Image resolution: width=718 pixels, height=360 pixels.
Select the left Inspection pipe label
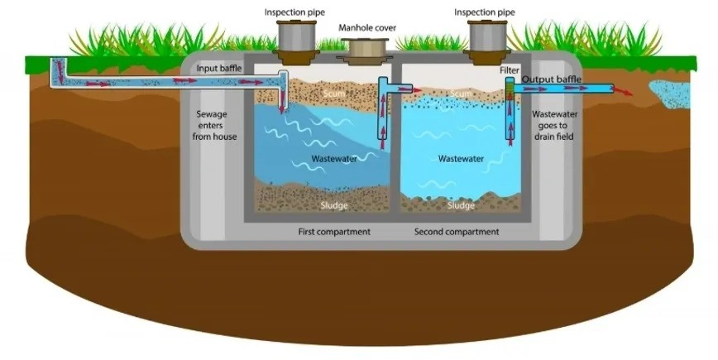point(294,12)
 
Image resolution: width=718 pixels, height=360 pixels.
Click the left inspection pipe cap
point(294,36)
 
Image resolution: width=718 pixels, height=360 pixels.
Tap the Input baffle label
point(219,68)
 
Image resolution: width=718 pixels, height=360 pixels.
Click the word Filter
point(509,71)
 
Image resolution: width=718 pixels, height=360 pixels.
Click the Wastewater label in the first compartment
point(334,158)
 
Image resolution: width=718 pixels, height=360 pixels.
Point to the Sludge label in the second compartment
point(461,205)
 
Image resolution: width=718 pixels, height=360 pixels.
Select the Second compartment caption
point(457,232)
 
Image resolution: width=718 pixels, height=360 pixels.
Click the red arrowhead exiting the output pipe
point(628,91)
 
